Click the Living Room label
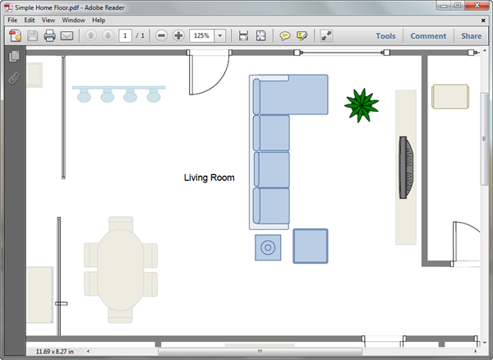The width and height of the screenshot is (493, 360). (x=209, y=178)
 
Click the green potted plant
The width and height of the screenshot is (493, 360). (x=362, y=105)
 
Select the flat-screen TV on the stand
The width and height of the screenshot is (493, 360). (x=406, y=168)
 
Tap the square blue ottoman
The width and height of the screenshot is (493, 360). (x=311, y=246)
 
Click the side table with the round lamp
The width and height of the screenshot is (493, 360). (x=268, y=247)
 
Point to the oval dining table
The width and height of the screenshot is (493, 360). (x=121, y=270)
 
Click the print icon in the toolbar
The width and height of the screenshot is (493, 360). (x=49, y=36)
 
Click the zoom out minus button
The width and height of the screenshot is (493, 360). (x=161, y=35)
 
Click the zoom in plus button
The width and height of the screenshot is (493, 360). (x=178, y=35)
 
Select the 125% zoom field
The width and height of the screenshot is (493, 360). (x=201, y=36)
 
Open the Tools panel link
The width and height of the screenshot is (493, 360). (x=385, y=36)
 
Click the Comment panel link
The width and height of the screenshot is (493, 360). (x=428, y=36)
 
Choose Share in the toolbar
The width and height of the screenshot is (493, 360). (x=472, y=36)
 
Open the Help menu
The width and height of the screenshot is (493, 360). (x=99, y=20)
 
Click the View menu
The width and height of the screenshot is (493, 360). (x=48, y=20)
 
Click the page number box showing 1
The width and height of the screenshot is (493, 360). (x=125, y=36)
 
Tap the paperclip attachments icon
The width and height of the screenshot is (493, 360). (x=14, y=78)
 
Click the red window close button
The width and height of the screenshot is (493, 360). (x=477, y=6)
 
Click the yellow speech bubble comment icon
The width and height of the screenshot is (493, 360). (x=285, y=36)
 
